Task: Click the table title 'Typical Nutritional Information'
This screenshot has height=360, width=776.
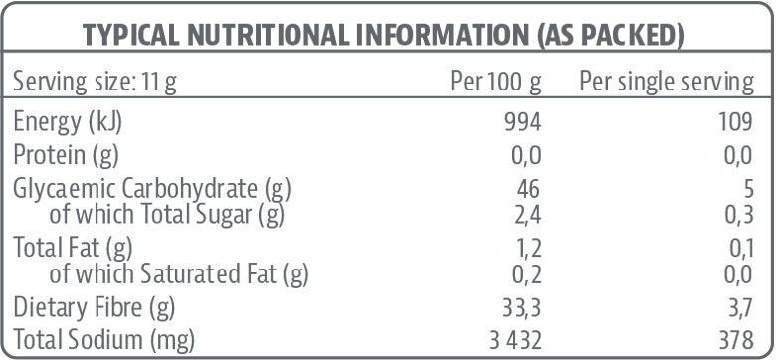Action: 383,36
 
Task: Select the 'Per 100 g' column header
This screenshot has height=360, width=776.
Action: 495,82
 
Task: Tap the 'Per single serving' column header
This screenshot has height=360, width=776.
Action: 666,82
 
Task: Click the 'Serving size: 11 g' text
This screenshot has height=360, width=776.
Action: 96,82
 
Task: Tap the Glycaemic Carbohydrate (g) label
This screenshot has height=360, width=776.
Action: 151,188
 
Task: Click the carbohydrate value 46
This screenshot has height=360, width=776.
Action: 529,188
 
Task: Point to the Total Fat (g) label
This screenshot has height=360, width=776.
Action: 72,245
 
